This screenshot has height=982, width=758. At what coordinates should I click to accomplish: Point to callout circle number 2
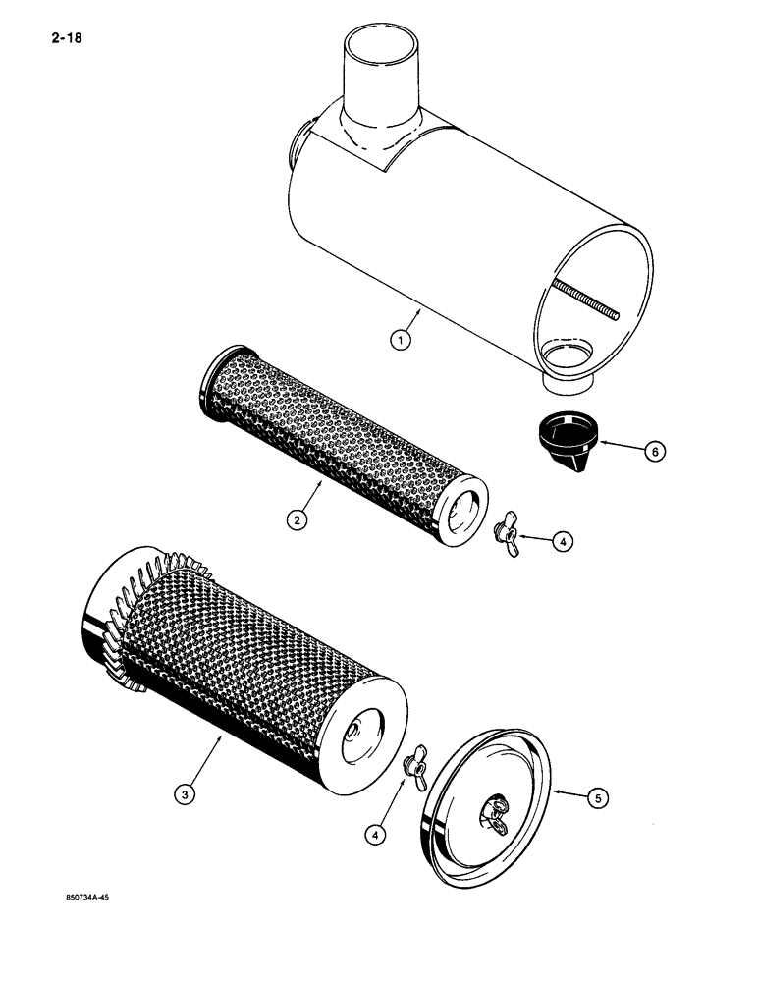click(297, 520)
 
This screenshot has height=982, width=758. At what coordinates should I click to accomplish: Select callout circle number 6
click(650, 450)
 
